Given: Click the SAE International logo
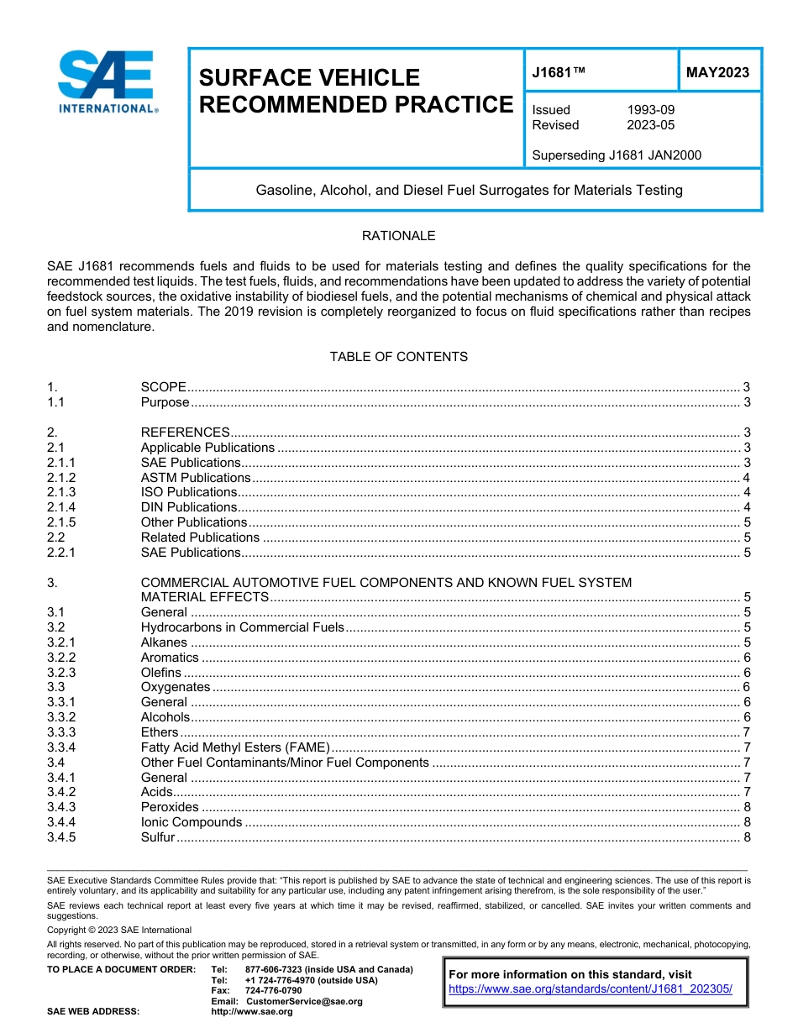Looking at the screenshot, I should click(x=108, y=81).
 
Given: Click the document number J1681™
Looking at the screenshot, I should click(x=559, y=73).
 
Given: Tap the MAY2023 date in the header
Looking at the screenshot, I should click(x=717, y=73).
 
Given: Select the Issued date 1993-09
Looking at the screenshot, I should click(x=650, y=110).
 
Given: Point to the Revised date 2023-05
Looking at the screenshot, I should click(x=650, y=125).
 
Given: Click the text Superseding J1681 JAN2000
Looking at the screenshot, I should click(x=617, y=155).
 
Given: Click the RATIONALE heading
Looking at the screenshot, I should click(x=398, y=236).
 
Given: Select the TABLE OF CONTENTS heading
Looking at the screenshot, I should click(x=398, y=357).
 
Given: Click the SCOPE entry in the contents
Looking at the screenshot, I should click(x=164, y=387).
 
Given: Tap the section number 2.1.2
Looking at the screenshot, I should click(x=62, y=478).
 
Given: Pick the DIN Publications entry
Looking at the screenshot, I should click(x=189, y=507).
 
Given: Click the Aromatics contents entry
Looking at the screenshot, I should click(x=170, y=658).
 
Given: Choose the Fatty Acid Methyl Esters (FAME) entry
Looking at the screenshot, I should click(x=235, y=747).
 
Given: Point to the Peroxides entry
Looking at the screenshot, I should click(x=170, y=807).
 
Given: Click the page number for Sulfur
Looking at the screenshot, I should click(x=747, y=837).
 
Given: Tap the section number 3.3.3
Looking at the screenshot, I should click(x=62, y=732).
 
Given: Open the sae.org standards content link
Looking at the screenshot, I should click(x=591, y=989).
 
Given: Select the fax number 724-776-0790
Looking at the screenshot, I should click(x=273, y=991).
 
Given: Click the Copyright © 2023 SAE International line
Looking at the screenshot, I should click(x=119, y=931).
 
